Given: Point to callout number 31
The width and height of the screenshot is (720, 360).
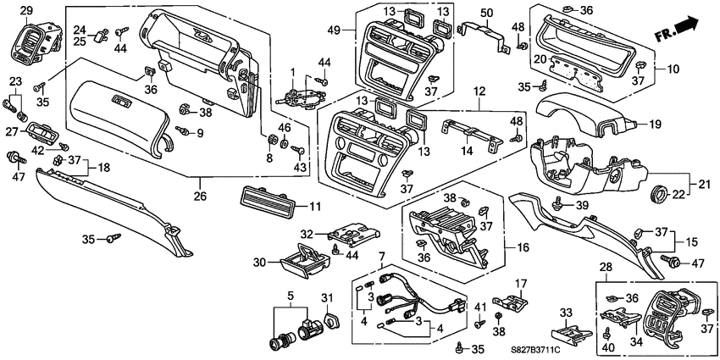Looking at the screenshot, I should click(x=329, y=297).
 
